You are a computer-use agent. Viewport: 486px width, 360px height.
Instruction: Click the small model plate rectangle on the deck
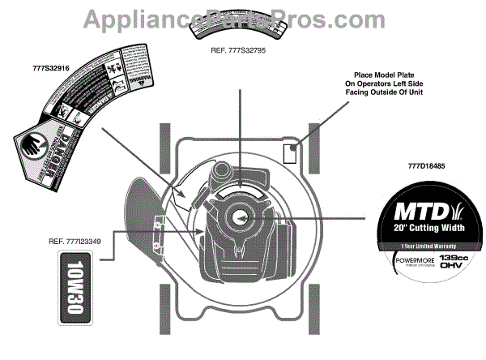[x=288, y=151]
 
